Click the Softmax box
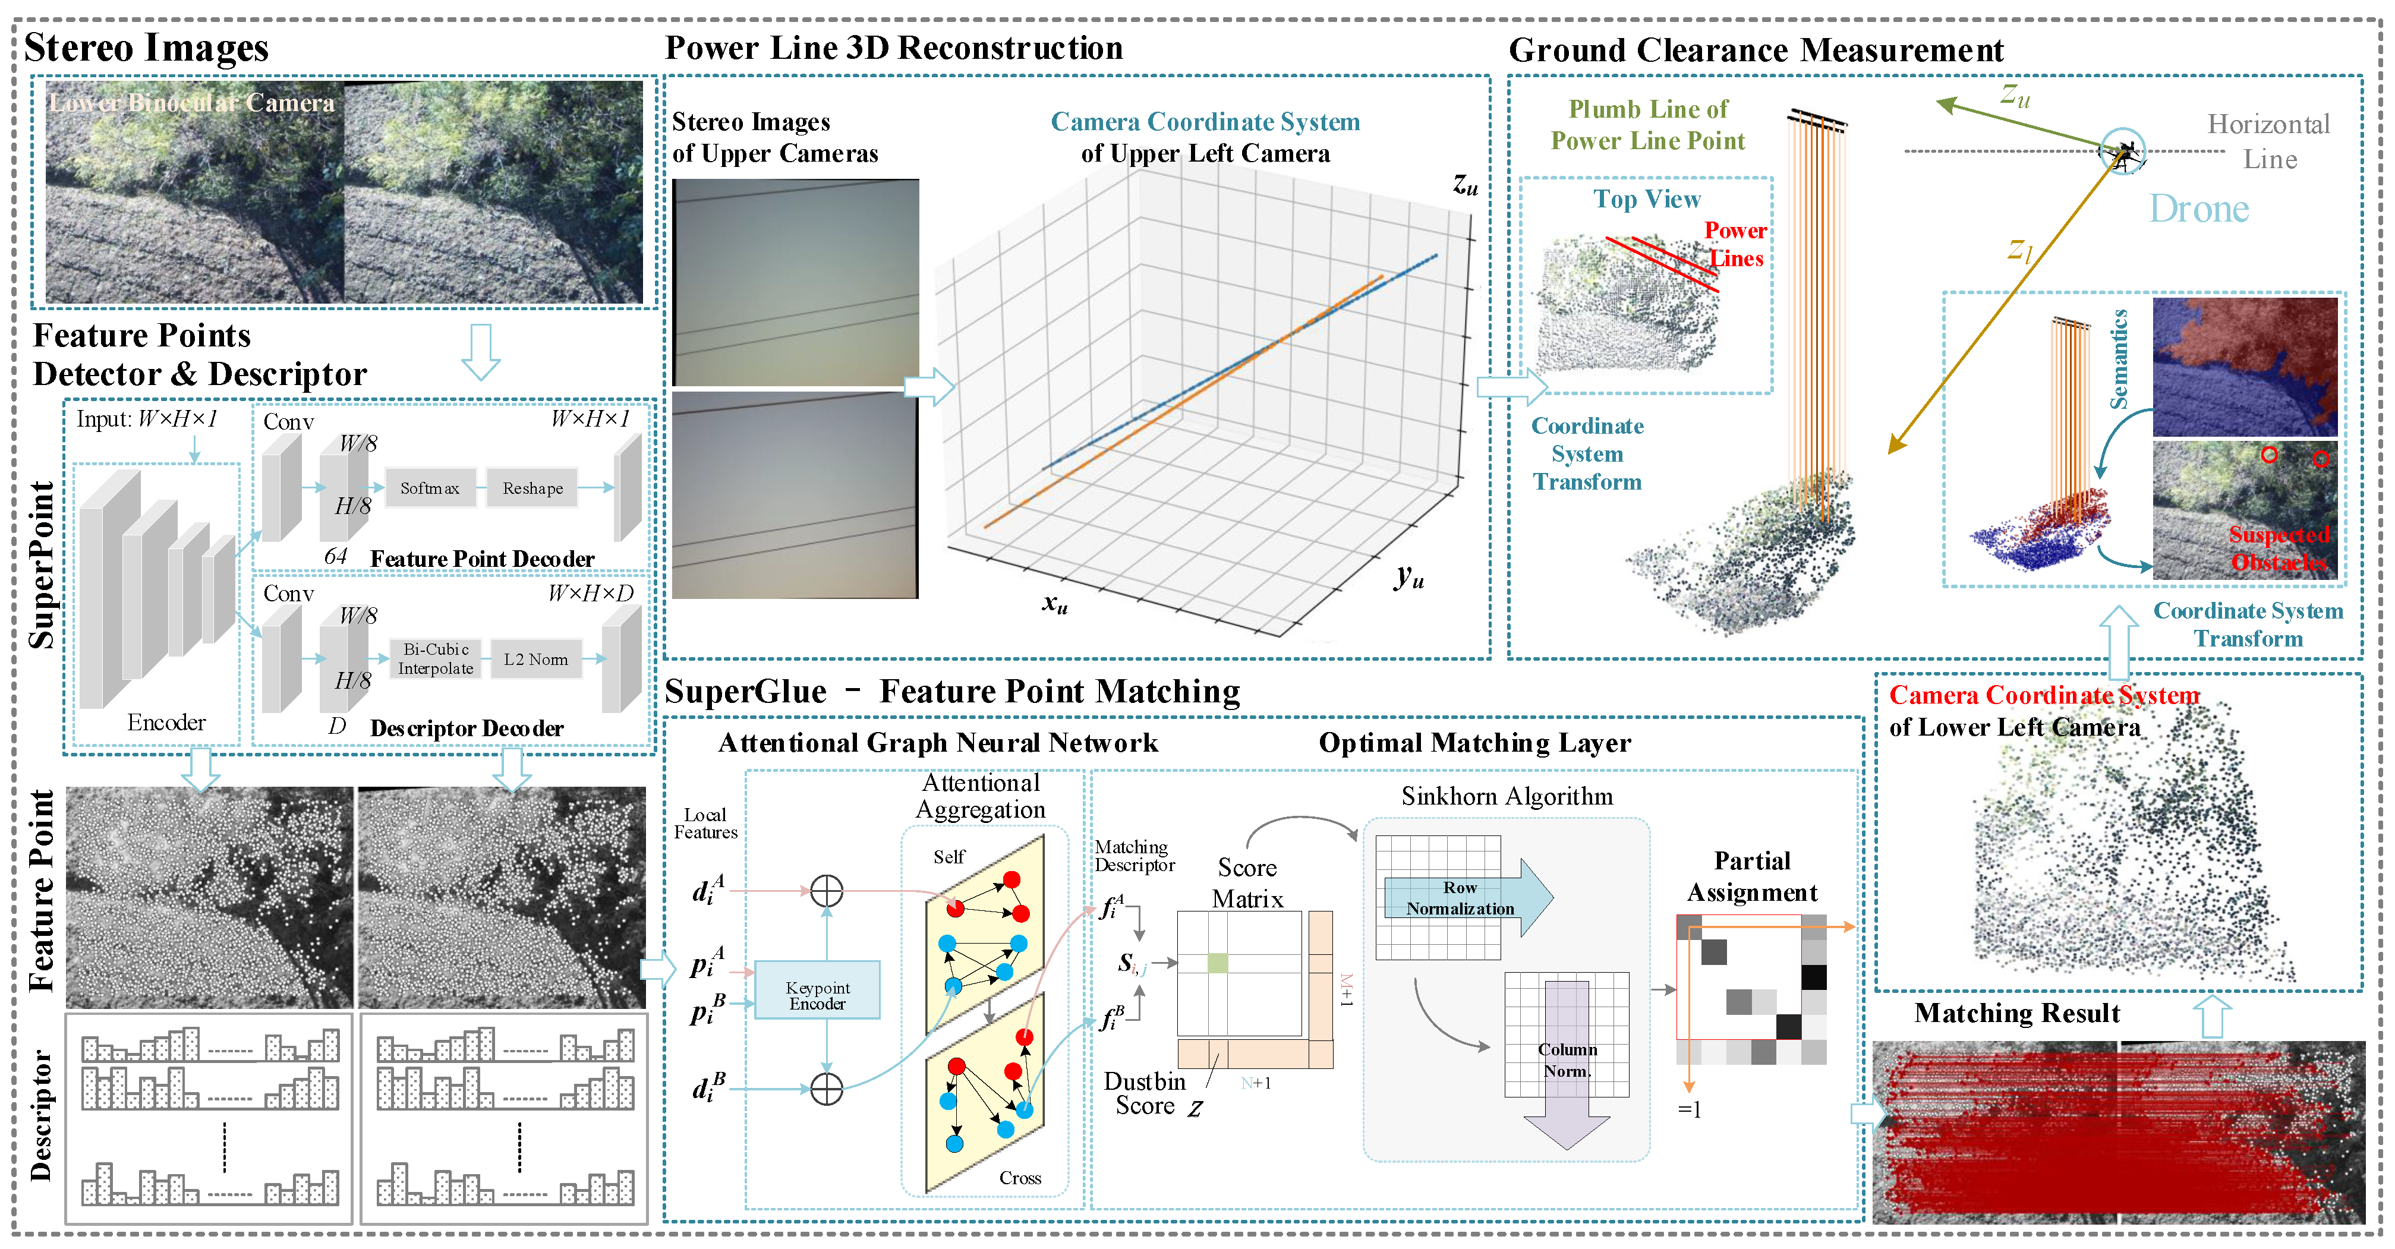click(x=430, y=488)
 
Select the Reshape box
click(x=532, y=488)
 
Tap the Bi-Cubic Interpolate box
click(x=435, y=659)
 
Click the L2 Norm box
click(x=535, y=659)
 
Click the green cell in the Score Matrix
click(x=1217, y=963)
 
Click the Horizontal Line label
click(x=2268, y=141)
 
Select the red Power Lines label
click(x=1735, y=244)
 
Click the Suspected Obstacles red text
click(x=2278, y=548)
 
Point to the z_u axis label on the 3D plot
click(x=1466, y=184)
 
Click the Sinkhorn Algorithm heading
click(x=1506, y=796)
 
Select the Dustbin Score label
click(x=1145, y=1094)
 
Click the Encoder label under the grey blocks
click(x=166, y=722)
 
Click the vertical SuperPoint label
click(x=41, y=565)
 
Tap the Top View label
click(x=1647, y=199)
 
